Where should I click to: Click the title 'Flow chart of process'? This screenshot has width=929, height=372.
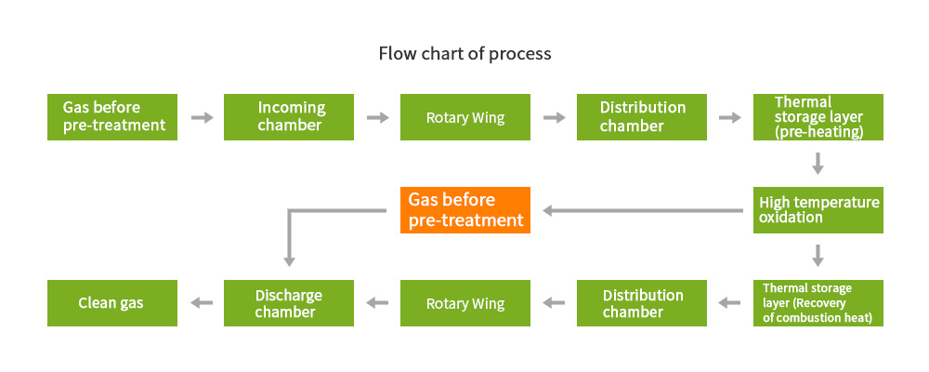tap(465, 53)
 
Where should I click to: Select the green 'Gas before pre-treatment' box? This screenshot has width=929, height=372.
tap(112, 117)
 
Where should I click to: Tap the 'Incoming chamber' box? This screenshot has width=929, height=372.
tap(289, 117)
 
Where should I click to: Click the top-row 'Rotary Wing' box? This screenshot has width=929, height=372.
tap(465, 117)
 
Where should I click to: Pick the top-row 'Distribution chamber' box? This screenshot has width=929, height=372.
tap(642, 117)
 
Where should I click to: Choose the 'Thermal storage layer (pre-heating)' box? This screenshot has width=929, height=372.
tap(818, 117)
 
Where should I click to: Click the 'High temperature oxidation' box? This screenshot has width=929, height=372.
tap(818, 210)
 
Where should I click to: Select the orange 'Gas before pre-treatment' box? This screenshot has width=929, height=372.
tap(465, 210)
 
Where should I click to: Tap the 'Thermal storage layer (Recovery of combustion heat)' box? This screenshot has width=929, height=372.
tap(818, 303)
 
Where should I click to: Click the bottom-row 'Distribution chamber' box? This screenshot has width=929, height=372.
tap(642, 303)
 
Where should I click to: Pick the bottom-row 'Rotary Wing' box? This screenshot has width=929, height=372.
tap(465, 303)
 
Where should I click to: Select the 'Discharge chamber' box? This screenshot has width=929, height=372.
tap(289, 303)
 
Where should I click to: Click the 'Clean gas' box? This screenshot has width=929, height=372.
tap(112, 303)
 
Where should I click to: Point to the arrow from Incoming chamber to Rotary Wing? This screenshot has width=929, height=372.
tap(377, 117)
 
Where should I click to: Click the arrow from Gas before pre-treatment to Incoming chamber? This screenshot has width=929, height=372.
tap(202, 117)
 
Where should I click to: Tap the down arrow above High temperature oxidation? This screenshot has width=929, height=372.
tap(818, 163)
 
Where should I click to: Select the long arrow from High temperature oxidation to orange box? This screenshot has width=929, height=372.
tap(643, 210)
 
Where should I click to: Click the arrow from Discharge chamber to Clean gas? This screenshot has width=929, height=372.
tap(202, 303)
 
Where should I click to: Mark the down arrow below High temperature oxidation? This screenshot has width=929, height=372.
tap(818, 255)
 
